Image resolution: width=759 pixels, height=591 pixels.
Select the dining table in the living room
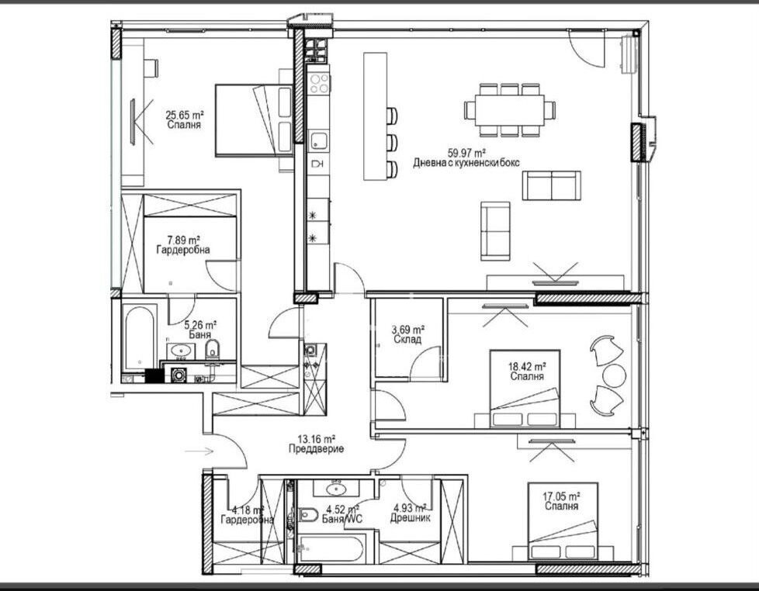(x=510, y=110)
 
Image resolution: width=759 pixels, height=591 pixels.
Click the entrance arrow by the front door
(x=199, y=451)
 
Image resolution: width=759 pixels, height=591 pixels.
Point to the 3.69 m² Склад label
(x=407, y=335)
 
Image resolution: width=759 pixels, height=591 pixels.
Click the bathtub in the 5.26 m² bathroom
(x=140, y=337)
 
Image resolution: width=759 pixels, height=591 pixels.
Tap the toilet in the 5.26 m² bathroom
(x=212, y=349)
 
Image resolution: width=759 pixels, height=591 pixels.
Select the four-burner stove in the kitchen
(x=320, y=83)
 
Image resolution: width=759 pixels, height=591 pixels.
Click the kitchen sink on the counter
(x=318, y=140)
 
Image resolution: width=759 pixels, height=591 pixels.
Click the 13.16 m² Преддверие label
(x=316, y=444)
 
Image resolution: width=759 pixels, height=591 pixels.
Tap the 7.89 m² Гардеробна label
(x=183, y=245)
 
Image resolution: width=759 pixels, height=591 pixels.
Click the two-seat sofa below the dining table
(x=551, y=185)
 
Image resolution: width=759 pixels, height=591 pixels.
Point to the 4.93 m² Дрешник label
(x=410, y=513)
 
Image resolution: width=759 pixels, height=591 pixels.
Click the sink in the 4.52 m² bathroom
(x=335, y=489)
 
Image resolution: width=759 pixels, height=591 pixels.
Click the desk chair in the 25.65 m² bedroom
(x=151, y=67)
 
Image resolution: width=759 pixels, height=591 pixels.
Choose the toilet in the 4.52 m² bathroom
(x=307, y=514)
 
